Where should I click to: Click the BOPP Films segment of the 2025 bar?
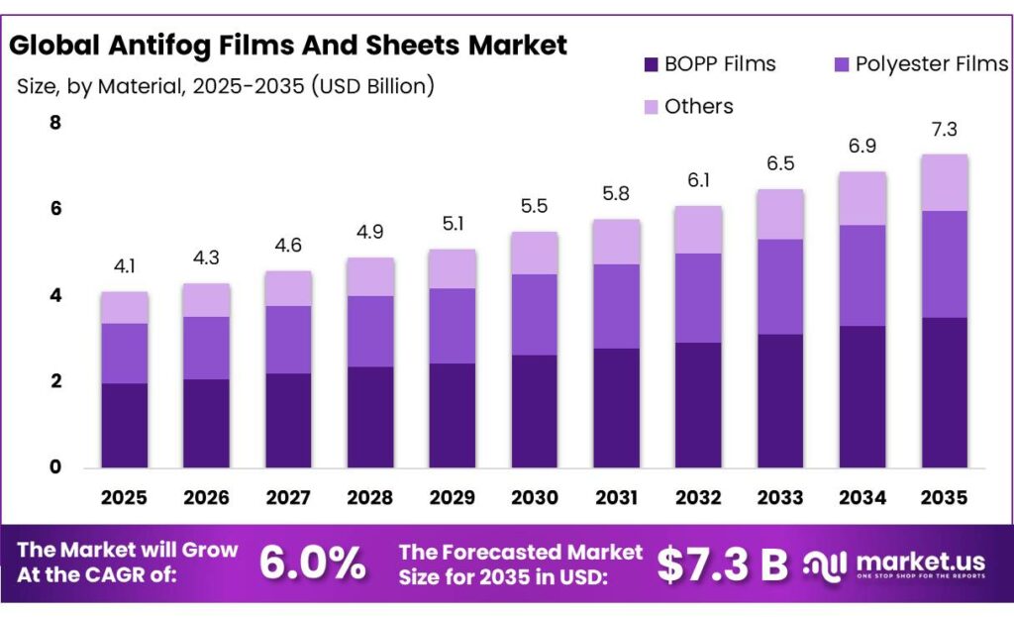[124, 425]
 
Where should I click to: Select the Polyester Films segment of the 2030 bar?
[534, 314]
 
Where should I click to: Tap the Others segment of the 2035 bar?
[944, 182]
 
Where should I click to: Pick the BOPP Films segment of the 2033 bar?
[779, 400]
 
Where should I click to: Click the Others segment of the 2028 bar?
[369, 276]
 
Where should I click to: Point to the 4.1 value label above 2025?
[124, 265]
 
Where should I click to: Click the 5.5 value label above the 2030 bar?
[534, 206]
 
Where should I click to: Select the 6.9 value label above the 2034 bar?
[862, 146]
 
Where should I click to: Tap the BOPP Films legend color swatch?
[651, 65]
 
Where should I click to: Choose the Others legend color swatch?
[651, 106]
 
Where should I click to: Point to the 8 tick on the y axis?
[55, 123]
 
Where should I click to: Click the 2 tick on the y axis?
[55, 381]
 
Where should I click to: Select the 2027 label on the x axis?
[288, 496]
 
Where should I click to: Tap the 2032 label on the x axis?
[698, 496]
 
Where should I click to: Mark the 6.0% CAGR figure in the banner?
[313, 564]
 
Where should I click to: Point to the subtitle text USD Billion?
[371, 86]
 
